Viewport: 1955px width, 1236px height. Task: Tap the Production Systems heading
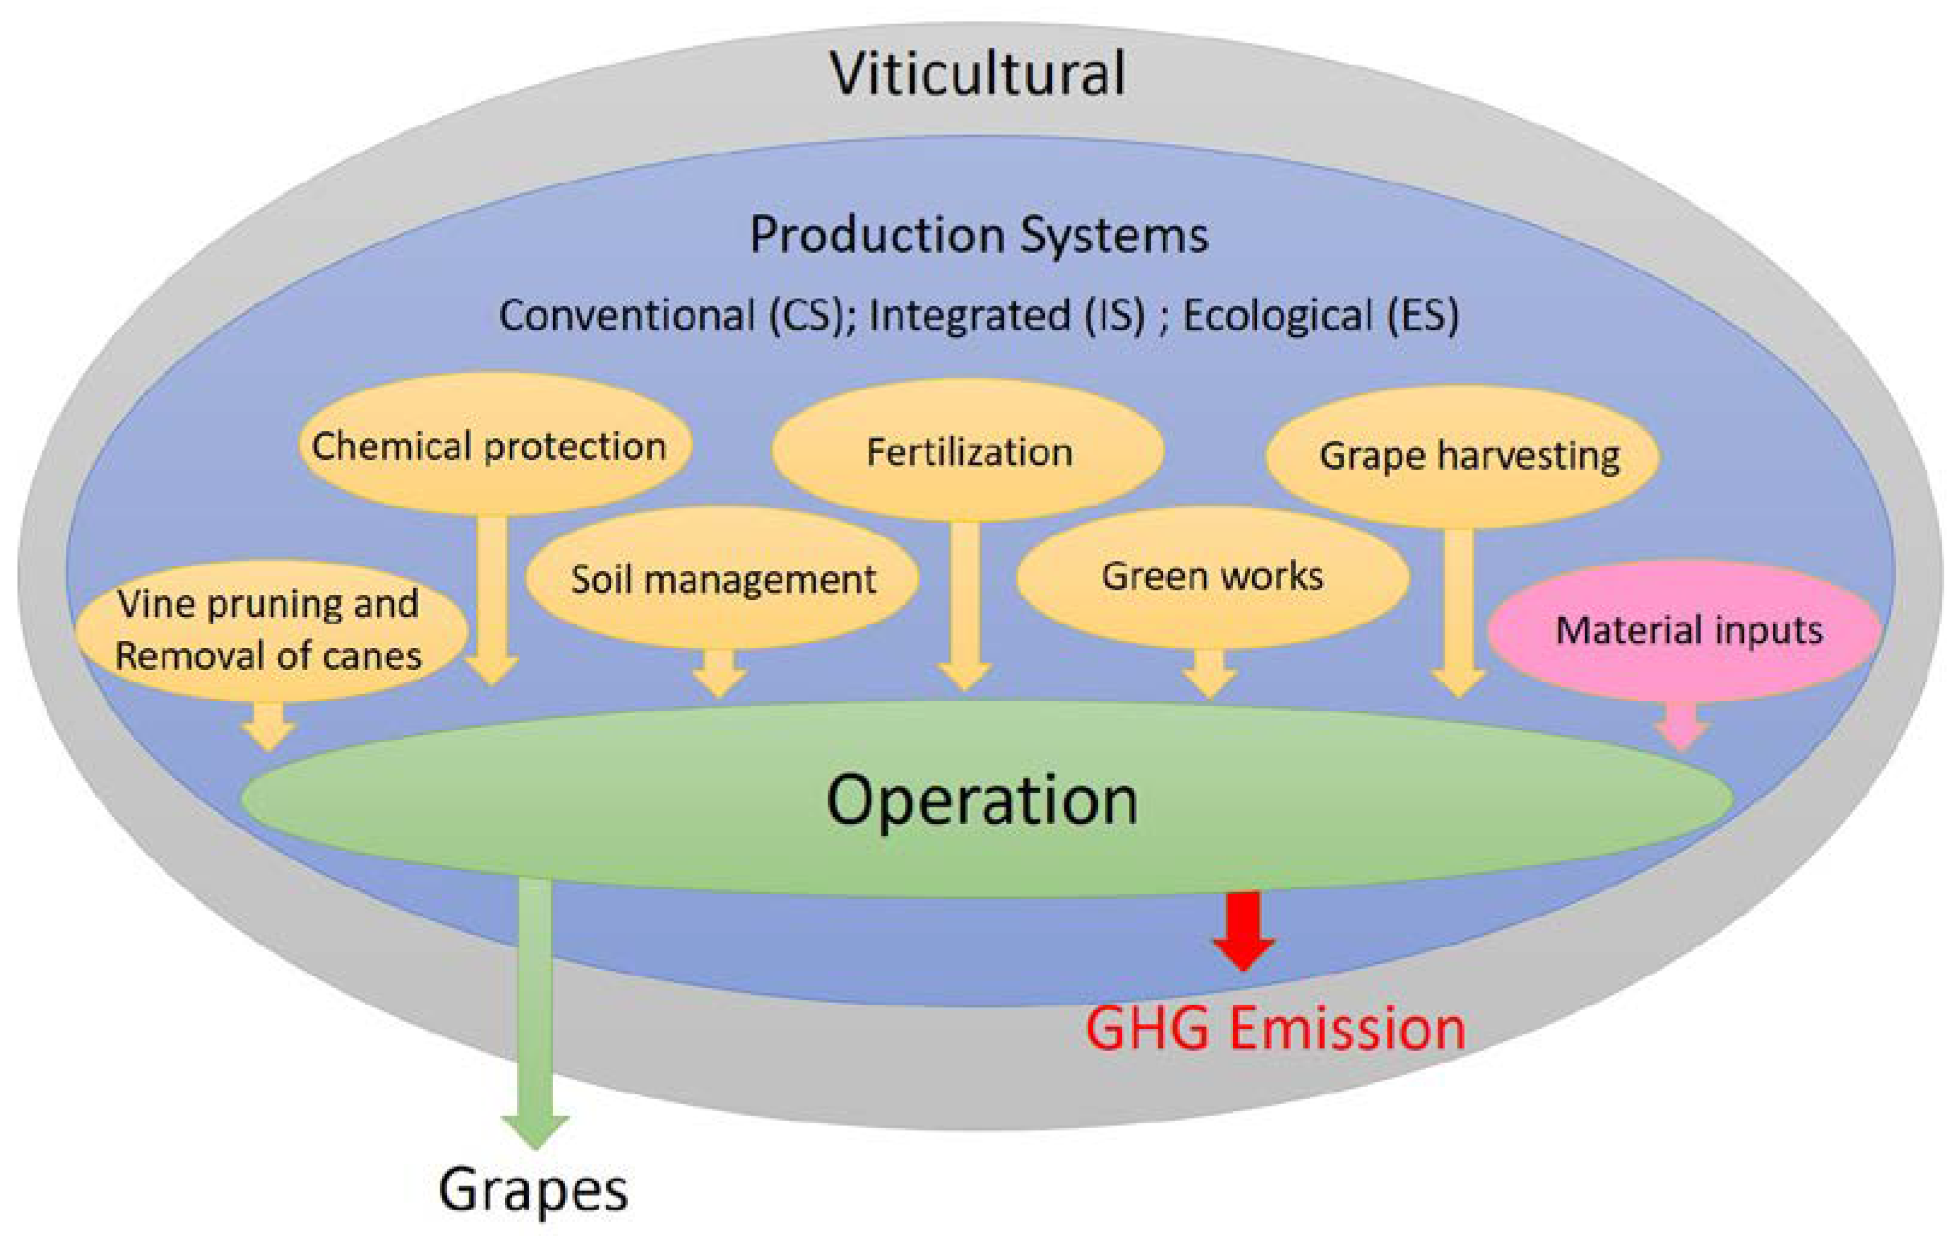pyautogui.click(x=978, y=235)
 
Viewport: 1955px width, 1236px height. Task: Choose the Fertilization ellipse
pyautogui.click(x=969, y=451)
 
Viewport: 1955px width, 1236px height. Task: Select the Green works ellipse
pyautogui.click(x=1212, y=576)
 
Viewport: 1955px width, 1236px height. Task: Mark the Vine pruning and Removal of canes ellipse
pyautogui.click(x=270, y=630)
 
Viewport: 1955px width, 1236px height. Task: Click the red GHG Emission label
pyautogui.click(x=1275, y=1028)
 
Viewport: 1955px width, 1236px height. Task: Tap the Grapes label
pyautogui.click(x=533, y=1190)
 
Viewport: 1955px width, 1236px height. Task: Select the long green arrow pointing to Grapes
pyautogui.click(x=535, y=1015)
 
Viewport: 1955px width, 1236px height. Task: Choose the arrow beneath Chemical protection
pyautogui.click(x=492, y=601)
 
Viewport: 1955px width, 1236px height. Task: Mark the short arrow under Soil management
pyautogui.click(x=719, y=672)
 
